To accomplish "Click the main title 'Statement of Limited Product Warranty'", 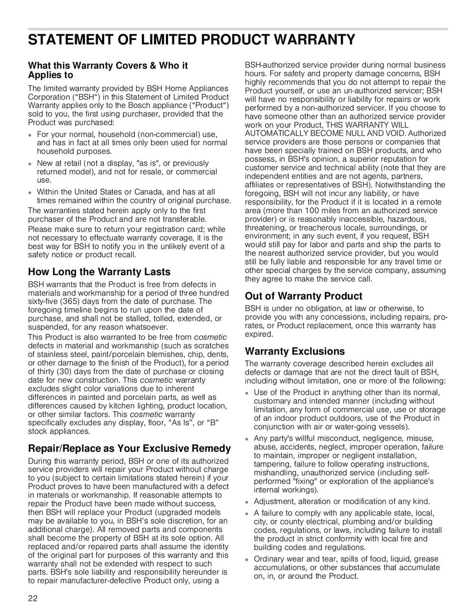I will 191,40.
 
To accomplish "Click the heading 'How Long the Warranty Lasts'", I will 99,272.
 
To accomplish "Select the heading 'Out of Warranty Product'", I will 303,296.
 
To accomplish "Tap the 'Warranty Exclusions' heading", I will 295,351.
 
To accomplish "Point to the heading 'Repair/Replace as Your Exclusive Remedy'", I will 129,448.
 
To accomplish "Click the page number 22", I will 33,598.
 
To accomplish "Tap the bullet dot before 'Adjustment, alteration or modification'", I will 247,502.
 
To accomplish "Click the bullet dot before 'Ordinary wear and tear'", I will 247,560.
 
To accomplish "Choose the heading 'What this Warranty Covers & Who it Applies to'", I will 108,70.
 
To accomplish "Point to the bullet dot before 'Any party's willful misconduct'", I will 247,439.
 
